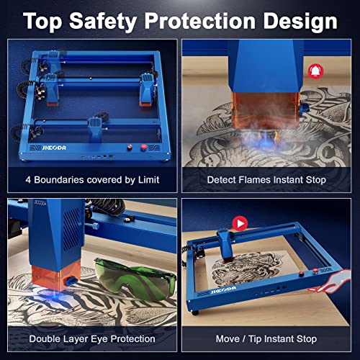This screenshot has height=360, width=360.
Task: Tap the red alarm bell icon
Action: click(315, 70)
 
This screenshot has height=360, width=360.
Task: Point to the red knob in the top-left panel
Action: click(143, 147)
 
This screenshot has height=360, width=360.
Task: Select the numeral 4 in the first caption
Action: click(28, 179)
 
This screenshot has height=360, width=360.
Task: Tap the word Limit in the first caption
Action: click(146, 179)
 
